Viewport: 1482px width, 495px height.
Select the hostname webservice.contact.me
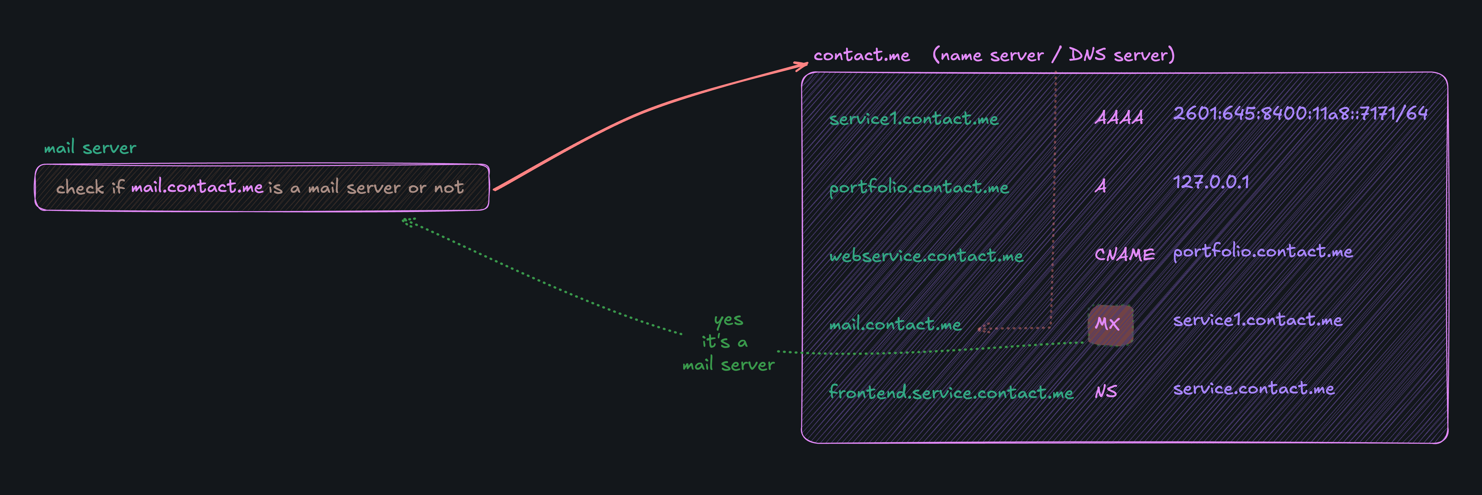point(926,255)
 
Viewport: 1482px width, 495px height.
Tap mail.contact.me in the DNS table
point(895,324)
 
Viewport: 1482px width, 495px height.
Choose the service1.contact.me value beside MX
point(1258,320)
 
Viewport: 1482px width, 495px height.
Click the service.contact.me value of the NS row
point(1254,389)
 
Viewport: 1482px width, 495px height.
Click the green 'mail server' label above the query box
point(90,148)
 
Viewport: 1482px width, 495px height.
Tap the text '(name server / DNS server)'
point(1053,55)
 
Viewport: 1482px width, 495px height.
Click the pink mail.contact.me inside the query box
point(197,187)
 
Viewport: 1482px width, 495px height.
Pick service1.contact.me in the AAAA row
point(914,119)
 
